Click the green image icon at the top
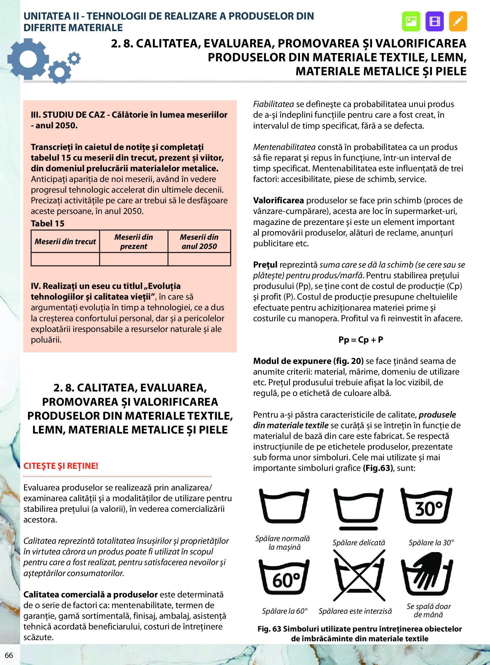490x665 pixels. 411,21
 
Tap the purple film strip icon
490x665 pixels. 434,21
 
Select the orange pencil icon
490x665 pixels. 458,21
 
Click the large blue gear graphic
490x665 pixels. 28,59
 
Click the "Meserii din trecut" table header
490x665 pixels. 65,242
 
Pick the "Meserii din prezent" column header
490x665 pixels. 133,242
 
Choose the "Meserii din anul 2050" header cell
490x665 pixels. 199,242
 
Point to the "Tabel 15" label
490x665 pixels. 47,223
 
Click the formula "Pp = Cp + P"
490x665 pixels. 361,340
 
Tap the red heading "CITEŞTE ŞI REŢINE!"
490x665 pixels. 61,466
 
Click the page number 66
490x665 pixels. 9,655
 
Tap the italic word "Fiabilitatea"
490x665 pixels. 274,104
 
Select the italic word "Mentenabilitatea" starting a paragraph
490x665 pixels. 284,147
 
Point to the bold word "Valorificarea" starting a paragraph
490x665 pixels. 278,201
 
